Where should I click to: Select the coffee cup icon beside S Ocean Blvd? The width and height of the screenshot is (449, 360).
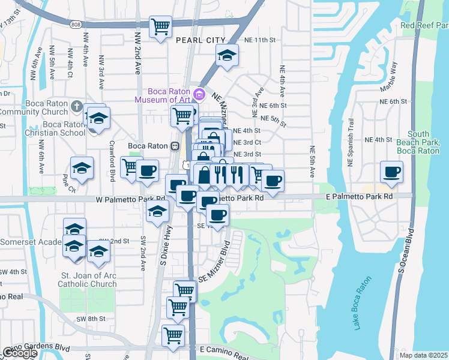tap(392, 172)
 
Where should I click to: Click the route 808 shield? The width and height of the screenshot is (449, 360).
tap(75, 25)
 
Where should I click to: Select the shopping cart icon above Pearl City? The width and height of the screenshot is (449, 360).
tap(160, 26)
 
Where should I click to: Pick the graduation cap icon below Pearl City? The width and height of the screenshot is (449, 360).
tap(226, 56)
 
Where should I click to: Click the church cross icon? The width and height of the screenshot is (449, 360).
tap(76, 106)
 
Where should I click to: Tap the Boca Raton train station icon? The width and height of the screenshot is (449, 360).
tap(175, 146)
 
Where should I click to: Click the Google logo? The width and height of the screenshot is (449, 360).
tap(19, 353)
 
